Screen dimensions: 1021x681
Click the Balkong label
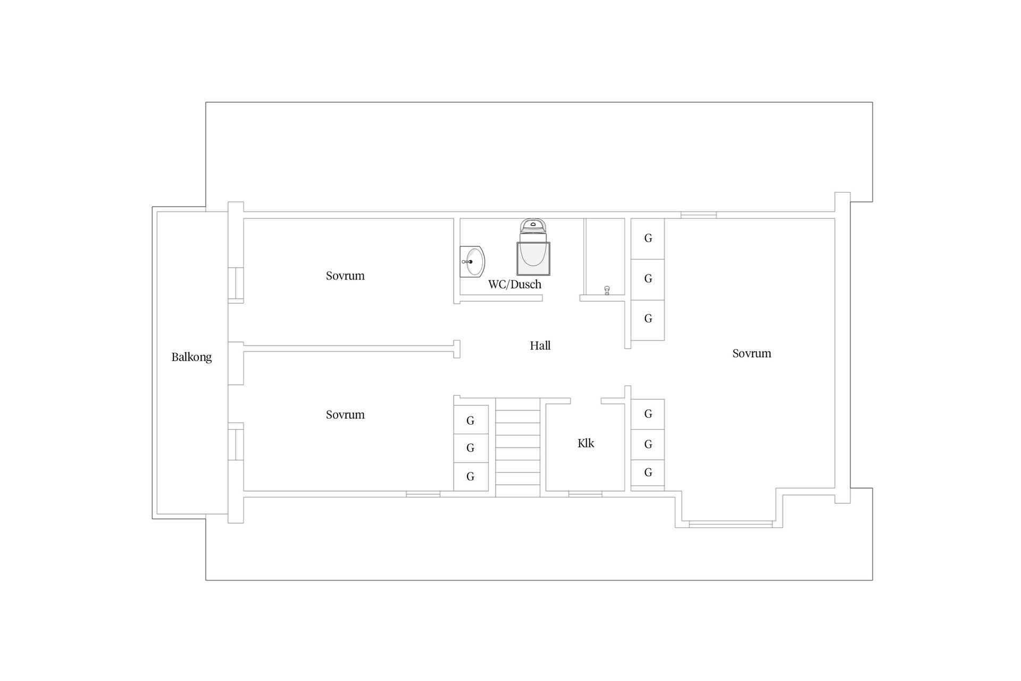click(x=191, y=357)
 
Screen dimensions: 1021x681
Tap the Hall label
click(x=540, y=345)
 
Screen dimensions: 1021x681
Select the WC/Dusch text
click(x=515, y=284)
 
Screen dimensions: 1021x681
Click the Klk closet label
click(x=585, y=443)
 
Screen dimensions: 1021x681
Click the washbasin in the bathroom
click(x=473, y=262)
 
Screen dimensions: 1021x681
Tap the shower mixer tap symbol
click(x=606, y=290)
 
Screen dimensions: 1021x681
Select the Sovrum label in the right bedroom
click(x=751, y=353)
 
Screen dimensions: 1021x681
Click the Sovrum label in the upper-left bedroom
click(x=345, y=276)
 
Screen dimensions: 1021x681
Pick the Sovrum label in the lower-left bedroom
click(x=345, y=414)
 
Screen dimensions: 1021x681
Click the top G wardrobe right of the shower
click(x=648, y=239)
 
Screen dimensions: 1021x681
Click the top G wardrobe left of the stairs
click(x=471, y=420)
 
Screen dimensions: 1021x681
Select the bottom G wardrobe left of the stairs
click(x=471, y=477)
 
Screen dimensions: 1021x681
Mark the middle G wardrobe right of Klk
click(x=648, y=445)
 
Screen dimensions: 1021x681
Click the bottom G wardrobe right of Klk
click(x=648, y=473)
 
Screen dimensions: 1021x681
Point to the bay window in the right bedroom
click(x=731, y=525)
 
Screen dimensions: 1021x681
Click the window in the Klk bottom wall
click(x=585, y=494)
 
